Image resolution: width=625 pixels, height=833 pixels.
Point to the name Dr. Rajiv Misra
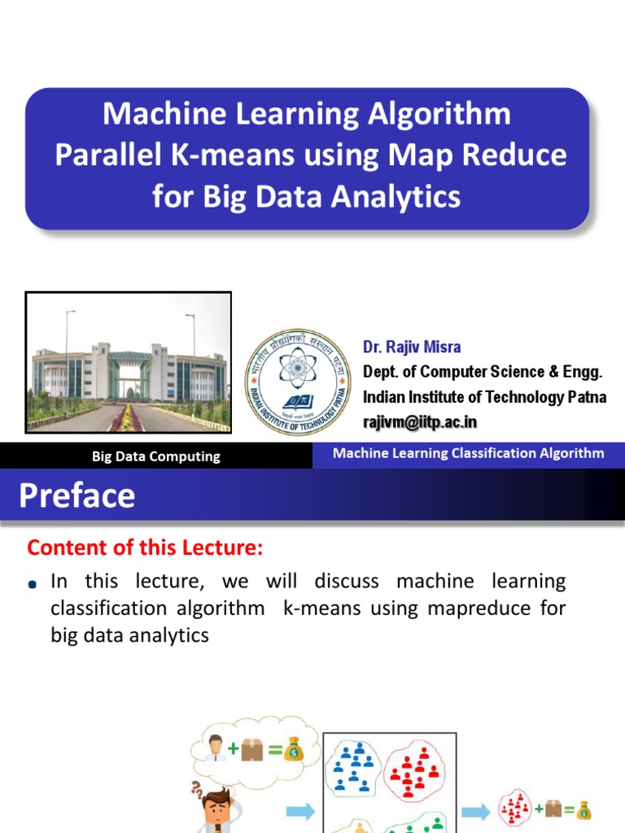[x=412, y=347]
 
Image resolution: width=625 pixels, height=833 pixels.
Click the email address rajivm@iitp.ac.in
[x=420, y=421]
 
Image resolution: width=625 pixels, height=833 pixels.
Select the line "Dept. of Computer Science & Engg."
[x=483, y=372]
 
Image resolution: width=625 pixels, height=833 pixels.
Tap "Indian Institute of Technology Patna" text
[x=484, y=397]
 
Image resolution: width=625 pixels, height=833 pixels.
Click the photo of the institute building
[x=129, y=361]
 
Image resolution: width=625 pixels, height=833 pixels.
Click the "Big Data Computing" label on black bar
[x=156, y=456]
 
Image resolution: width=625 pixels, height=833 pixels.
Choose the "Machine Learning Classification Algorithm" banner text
[x=468, y=453]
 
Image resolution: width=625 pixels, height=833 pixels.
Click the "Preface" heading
[x=77, y=495]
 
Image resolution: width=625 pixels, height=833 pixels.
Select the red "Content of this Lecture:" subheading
[x=145, y=548]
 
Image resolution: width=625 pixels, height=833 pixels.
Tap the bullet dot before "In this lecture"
[x=32, y=584]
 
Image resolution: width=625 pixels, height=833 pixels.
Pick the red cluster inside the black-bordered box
[x=414, y=769]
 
